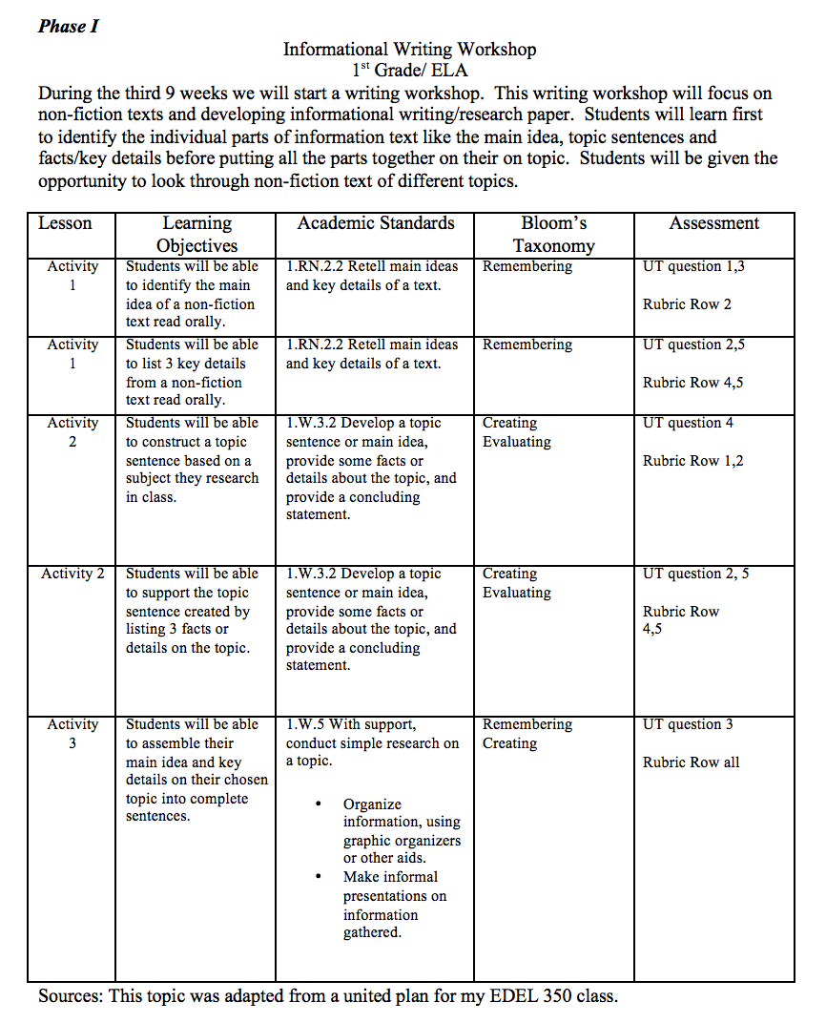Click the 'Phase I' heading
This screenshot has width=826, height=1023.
coord(69,26)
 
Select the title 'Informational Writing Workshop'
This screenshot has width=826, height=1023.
coord(409,50)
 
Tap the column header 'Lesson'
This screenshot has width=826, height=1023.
coord(65,223)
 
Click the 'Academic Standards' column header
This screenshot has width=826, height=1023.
coord(376,223)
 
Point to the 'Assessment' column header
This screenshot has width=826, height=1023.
coord(713,223)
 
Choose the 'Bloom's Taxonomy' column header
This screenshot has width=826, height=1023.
coord(553,235)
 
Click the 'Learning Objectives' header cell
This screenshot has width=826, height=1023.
coord(196,235)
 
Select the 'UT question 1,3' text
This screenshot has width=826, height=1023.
coord(693,266)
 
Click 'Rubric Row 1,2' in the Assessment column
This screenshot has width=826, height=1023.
coord(693,461)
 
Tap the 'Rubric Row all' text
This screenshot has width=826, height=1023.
coord(691,762)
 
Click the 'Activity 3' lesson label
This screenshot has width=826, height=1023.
coord(72,734)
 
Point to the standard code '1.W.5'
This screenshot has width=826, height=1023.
coord(305,724)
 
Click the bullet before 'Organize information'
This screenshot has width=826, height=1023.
coord(318,804)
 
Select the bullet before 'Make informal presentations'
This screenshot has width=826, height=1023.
coord(318,877)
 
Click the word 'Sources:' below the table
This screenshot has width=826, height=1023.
coord(71,996)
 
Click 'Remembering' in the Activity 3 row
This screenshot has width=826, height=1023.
coord(527,724)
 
